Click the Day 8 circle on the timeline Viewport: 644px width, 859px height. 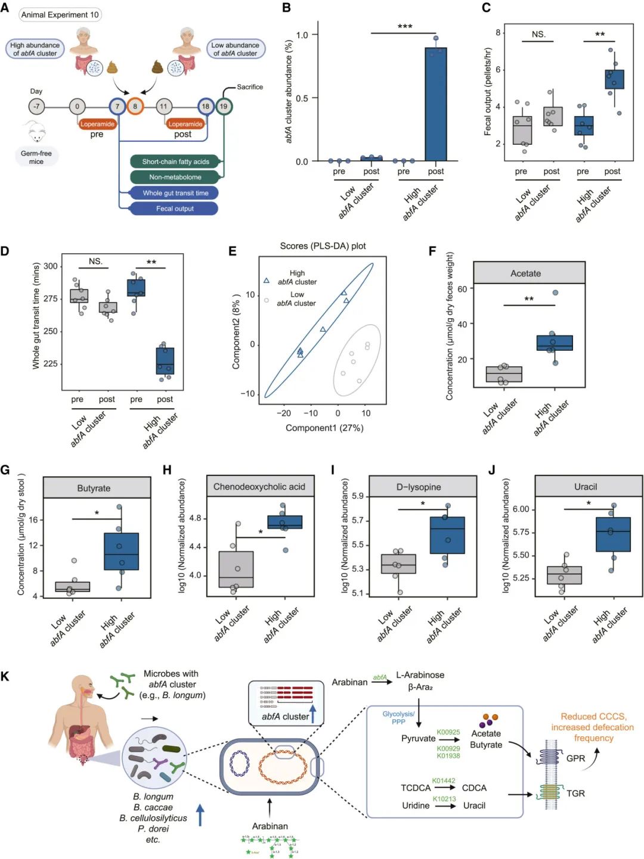click(135, 107)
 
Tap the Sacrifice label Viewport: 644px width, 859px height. click(249, 87)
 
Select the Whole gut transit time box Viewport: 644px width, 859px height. click(175, 193)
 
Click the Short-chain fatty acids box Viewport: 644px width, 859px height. click(175, 161)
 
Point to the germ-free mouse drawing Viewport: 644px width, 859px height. click(35, 132)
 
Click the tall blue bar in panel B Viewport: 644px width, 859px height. click(436, 104)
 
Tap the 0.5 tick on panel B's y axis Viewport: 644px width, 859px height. click(302, 98)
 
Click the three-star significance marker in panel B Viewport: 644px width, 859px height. click(405, 27)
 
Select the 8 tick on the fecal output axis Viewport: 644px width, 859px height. click(498, 33)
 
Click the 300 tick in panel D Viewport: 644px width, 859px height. click(51, 266)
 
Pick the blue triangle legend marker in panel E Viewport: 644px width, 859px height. click(267, 280)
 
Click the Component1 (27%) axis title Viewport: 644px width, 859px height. click(324, 428)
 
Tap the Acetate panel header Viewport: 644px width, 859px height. click(525, 273)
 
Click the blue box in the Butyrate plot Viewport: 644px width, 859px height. click(122, 552)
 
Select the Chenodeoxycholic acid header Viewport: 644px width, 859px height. click(259, 487)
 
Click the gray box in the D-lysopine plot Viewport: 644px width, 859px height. click(398, 564)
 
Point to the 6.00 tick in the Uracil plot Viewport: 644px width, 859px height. click(521, 509)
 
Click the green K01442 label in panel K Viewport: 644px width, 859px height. click(444, 780)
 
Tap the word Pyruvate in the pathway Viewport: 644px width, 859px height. click(418, 739)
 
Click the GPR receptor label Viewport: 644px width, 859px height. click(575, 758)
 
